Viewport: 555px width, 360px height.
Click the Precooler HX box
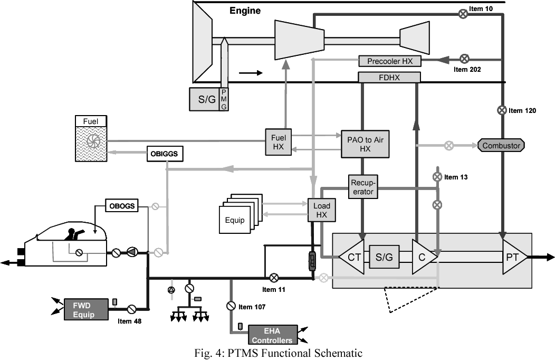[x=390, y=61]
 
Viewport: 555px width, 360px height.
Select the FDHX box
[x=389, y=77]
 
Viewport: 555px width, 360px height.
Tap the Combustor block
[x=501, y=146]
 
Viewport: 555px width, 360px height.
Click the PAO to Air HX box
[x=365, y=144]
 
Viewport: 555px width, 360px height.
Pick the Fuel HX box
[x=279, y=141]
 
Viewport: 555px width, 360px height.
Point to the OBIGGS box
[x=165, y=154]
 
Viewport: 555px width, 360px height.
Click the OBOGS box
[x=122, y=206]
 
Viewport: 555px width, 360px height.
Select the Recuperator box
[x=363, y=187]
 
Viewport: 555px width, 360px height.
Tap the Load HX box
[x=322, y=210]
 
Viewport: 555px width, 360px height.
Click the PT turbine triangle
[x=513, y=257]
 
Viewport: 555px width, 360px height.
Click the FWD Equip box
[x=86, y=310]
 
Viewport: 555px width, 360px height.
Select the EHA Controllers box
[x=273, y=335]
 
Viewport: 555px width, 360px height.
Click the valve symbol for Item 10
[x=463, y=14]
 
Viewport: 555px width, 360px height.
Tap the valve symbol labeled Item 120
[x=502, y=110]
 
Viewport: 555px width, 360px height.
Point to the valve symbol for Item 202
[x=464, y=59]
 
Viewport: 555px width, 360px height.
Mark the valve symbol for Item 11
[x=274, y=278]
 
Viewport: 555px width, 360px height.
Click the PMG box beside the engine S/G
[x=224, y=99]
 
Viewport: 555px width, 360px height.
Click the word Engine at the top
[x=245, y=11]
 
